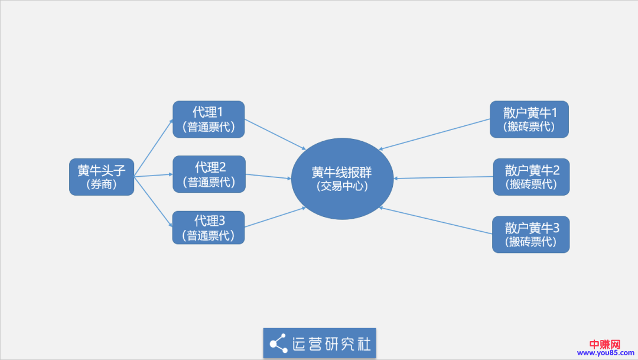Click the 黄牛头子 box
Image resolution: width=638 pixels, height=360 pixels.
(102, 177)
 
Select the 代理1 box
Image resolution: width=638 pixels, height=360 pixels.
(208, 119)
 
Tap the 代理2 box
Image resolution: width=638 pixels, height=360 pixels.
(208, 174)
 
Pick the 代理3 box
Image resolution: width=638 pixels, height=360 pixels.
(208, 228)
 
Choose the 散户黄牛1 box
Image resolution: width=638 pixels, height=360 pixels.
(529, 119)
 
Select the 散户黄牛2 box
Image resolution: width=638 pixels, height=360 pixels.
(532, 177)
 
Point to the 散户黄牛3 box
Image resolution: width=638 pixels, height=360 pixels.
(530, 235)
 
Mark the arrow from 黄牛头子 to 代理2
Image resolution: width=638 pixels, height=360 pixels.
(153, 175)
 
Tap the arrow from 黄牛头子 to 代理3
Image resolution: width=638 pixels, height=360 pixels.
(153, 202)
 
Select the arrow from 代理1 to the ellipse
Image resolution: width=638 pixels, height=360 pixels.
(275, 134)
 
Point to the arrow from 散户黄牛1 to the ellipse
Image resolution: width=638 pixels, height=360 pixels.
(434, 134)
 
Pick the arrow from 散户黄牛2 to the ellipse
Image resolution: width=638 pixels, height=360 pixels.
(443, 177)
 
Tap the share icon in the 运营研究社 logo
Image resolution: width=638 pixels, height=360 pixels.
(278, 343)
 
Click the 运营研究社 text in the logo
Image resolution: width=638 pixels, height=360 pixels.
(332, 343)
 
